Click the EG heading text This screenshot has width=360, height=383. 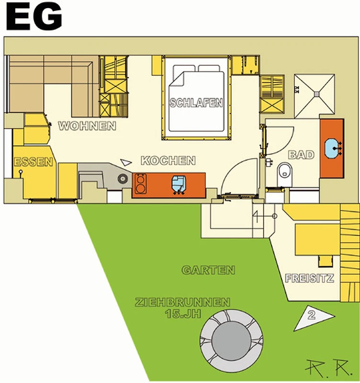34,18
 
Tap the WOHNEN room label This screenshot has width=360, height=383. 87,126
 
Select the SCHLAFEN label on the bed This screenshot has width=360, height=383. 196,102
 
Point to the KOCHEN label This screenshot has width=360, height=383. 168,160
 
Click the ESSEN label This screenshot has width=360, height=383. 33,162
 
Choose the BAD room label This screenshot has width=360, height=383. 302,155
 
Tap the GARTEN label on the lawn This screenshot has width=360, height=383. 208,270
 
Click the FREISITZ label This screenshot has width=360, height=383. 309,278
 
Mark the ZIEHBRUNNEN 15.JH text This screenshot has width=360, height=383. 182,308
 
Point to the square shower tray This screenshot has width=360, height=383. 315,94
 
